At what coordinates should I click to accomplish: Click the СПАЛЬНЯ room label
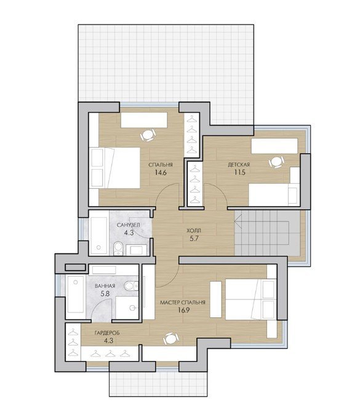click(x=161, y=165)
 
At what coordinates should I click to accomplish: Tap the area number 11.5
click(x=240, y=172)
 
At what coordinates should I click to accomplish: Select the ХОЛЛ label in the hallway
click(x=194, y=230)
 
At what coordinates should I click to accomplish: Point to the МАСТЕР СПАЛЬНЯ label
click(x=183, y=303)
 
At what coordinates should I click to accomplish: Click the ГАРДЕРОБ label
click(x=107, y=333)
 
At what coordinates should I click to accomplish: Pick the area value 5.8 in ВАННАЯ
click(x=105, y=294)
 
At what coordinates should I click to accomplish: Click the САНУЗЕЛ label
click(x=128, y=225)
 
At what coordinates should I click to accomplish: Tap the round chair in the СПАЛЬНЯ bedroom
click(x=148, y=135)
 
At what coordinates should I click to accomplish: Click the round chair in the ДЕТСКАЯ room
click(x=276, y=162)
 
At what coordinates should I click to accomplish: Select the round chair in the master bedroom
click(x=171, y=338)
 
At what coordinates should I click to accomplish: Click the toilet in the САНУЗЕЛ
click(x=118, y=248)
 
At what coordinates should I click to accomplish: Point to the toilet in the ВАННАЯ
click(x=131, y=286)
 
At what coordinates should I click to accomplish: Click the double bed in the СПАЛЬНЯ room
click(x=114, y=168)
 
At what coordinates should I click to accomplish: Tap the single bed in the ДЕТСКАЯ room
click(x=274, y=195)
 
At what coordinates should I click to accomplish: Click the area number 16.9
click(x=183, y=310)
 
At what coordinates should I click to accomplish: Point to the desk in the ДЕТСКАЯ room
click(x=274, y=146)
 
